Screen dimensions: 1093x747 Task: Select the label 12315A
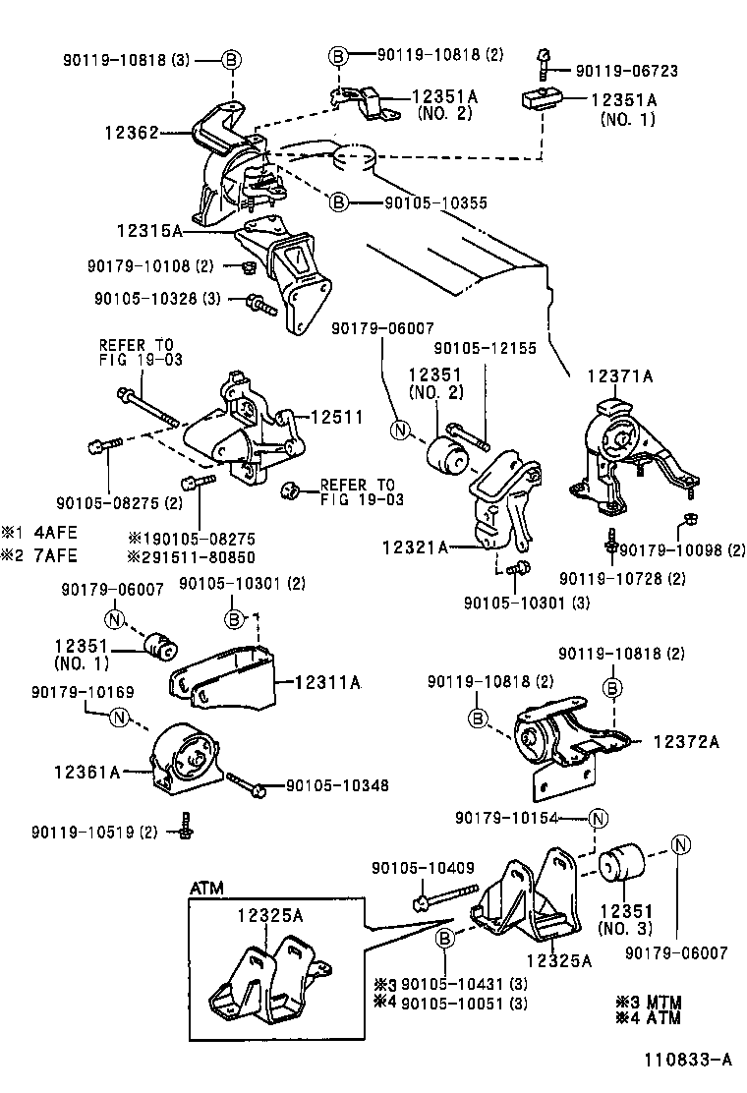pyautogui.click(x=148, y=231)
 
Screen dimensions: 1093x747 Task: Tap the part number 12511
pyautogui.click(x=337, y=418)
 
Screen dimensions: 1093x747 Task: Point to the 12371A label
pyautogui.click(x=620, y=375)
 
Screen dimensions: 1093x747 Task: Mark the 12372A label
pyautogui.click(x=685, y=742)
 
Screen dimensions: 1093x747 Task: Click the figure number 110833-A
pyautogui.click(x=688, y=1060)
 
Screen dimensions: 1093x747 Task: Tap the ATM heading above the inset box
pyautogui.click(x=206, y=889)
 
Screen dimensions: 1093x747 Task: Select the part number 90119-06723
pyautogui.click(x=626, y=71)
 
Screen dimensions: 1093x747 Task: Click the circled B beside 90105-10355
pyautogui.click(x=338, y=202)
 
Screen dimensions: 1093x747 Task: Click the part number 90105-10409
pyautogui.click(x=423, y=868)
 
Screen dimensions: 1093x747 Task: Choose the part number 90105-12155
pyautogui.click(x=486, y=348)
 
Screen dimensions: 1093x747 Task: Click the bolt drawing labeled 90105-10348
pyautogui.click(x=246, y=783)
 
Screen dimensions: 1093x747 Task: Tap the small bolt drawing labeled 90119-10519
pyautogui.click(x=186, y=826)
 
